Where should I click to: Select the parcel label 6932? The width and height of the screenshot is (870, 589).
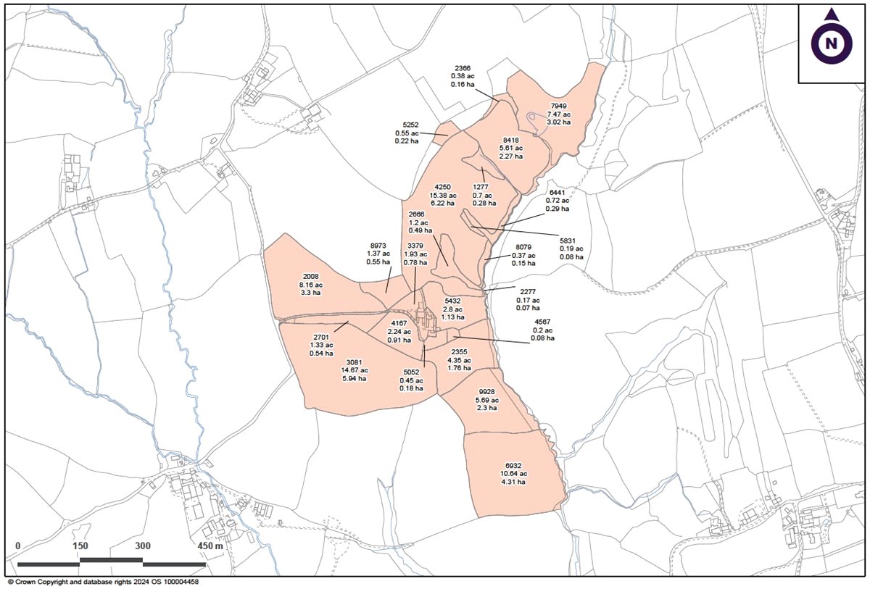click(513, 465)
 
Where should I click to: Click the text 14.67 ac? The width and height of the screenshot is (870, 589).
click(355, 369)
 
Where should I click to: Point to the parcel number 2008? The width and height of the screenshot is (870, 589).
click(310, 277)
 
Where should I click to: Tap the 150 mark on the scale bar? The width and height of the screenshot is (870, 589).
click(80, 546)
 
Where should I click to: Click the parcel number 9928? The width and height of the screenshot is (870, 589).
click(486, 392)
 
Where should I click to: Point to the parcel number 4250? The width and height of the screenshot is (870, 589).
click(442, 187)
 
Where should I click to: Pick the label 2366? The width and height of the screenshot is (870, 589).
click(463, 67)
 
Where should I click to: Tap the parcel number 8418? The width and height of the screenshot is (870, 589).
click(511, 141)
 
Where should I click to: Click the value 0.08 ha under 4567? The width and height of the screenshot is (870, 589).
click(542, 338)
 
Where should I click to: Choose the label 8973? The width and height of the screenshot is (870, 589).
click(379, 246)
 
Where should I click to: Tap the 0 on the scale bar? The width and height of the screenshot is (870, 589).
click(18, 546)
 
